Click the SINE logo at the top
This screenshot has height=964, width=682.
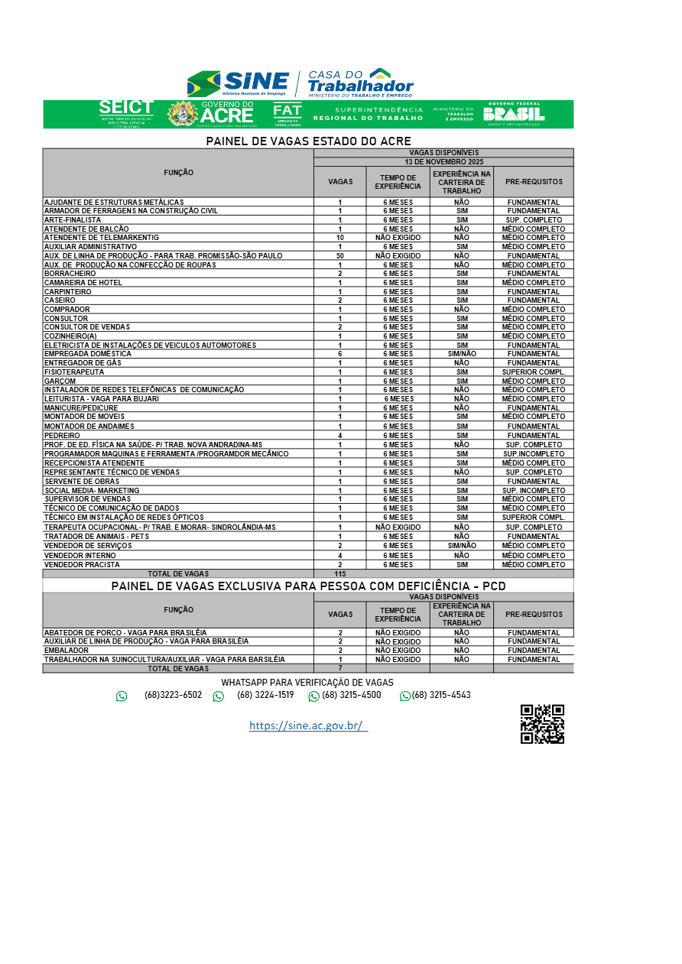(238, 82)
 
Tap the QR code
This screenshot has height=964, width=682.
(542, 724)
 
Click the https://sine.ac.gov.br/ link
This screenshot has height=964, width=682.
(308, 725)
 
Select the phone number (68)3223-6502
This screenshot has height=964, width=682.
(173, 695)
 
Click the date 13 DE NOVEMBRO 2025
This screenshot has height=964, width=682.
(443, 162)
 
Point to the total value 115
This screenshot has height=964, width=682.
(340, 573)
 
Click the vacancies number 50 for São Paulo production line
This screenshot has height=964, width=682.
(340, 256)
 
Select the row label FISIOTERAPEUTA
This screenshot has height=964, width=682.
(74, 372)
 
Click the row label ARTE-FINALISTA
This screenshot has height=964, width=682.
(73, 220)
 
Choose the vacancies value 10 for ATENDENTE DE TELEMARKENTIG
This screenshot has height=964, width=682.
(340, 238)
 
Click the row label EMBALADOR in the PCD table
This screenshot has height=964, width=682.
(67, 651)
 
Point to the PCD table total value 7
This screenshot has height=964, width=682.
(340, 668)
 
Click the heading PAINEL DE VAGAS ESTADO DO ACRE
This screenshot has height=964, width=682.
(308, 141)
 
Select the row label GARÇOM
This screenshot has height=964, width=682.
(60, 381)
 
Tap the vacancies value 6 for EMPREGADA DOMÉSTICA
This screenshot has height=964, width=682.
(340, 354)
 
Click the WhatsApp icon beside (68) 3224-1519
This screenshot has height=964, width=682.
(219, 696)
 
